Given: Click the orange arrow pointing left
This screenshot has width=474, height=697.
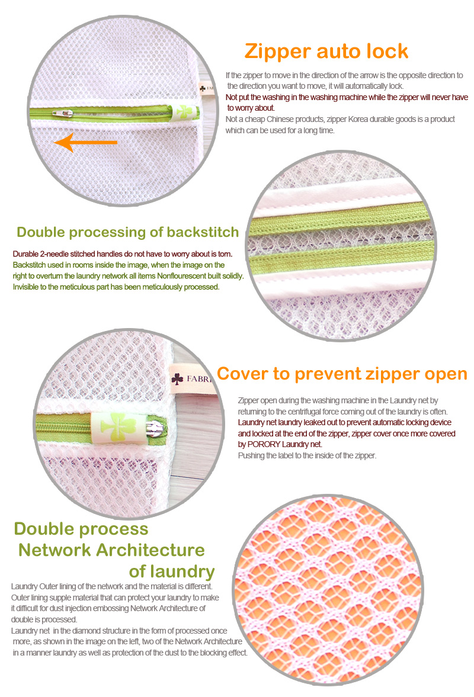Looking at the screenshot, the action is pos(86,143).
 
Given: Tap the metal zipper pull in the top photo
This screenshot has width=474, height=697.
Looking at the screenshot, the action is pos(63,114).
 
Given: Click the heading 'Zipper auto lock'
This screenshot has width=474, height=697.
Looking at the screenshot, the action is pos(326,52).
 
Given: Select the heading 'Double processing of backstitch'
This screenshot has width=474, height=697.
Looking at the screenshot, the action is pos(127,232).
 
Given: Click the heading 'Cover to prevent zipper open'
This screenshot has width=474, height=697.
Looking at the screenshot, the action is pos(342,374).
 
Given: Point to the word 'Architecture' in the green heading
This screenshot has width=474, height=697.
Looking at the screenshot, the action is pos(150,550).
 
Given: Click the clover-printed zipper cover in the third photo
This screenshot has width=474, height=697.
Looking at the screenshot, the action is pos(118,427).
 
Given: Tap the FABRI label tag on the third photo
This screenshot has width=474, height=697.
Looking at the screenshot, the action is pos(191,379).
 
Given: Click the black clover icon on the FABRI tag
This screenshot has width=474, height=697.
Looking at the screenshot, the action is pos(177,379).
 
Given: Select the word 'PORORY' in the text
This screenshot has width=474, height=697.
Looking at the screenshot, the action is pos(264,444).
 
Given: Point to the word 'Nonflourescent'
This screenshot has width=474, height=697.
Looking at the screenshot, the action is pos(181,276).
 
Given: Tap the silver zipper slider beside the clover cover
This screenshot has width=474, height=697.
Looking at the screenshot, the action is pos(156,428).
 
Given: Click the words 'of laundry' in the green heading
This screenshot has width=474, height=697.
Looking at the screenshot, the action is pos(172,571).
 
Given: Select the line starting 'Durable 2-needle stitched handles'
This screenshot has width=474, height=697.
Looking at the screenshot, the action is pos(123,254).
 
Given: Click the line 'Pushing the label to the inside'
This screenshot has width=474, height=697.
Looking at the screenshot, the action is pos(308,455).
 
